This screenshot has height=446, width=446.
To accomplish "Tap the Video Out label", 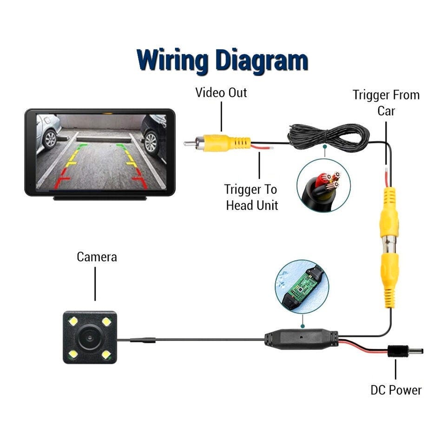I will pyautogui.click(x=221, y=92).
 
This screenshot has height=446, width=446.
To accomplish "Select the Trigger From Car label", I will pyautogui.click(x=386, y=103).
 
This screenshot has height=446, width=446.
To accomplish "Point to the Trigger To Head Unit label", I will pyautogui.click(x=251, y=197).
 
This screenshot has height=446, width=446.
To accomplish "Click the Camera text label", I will pyautogui.click(x=97, y=256).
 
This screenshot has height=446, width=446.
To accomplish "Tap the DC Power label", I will pyautogui.click(x=396, y=390).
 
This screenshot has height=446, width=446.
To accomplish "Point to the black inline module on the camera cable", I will pyautogui.click(x=301, y=338).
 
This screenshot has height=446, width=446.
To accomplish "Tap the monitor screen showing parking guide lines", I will pyautogui.click(x=100, y=151).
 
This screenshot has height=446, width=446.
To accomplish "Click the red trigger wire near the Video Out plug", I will pyautogui.click(x=262, y=148).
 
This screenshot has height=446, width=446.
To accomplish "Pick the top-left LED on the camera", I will pyautogui.click(x=73, y=321).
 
